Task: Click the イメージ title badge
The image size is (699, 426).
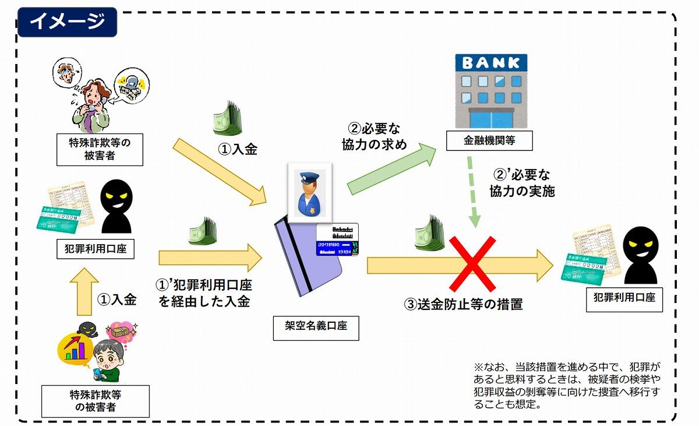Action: [67, 22]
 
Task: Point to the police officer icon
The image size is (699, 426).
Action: [310, 189]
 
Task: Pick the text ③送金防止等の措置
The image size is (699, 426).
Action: [463, 304]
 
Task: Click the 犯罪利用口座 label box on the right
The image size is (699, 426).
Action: [624, 297]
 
